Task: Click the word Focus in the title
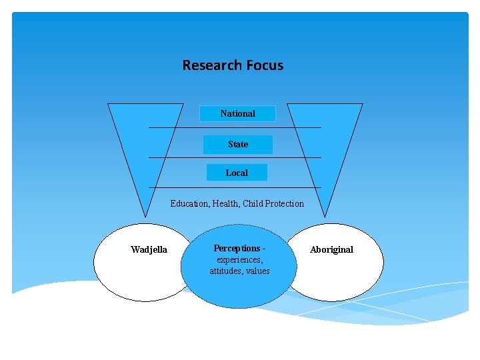click(265, 65)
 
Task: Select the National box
click(238, 113)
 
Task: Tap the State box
click(238, 144)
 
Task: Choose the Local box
click(237, 173)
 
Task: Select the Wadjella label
click(149, 250)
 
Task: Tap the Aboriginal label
click(331, 250)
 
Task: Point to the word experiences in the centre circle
click(239, 259)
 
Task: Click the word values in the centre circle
click(257, 271)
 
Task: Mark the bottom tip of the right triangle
click(325, 217)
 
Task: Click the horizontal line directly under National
click(235, 127)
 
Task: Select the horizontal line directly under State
click(235, 157)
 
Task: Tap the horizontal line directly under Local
click(235, 187)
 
